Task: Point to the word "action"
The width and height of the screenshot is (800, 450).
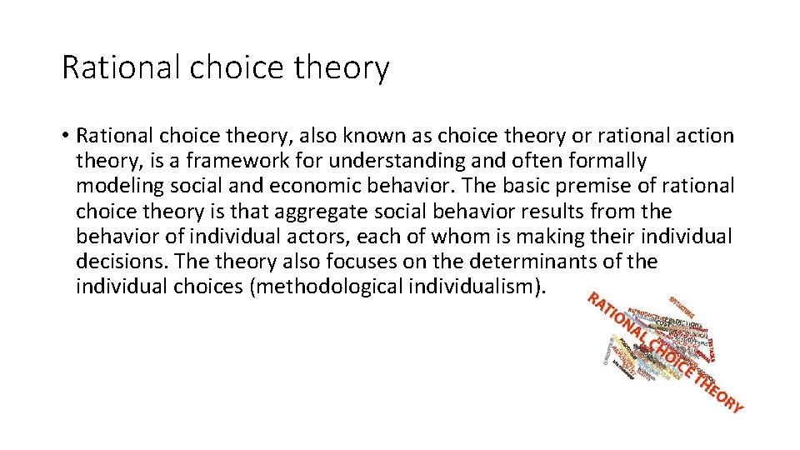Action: pyautogui.click(x=697, y=135)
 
